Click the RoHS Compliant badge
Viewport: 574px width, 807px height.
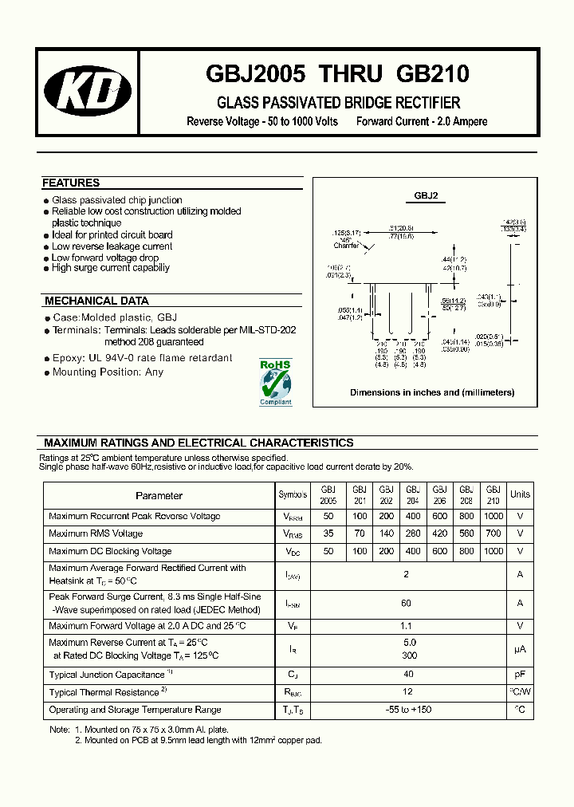(x=276, y=384)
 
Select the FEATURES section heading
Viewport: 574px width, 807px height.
(x=71, y=183)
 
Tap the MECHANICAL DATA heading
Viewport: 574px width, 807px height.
(x=96, y=301)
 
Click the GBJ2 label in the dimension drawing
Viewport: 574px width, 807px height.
(x=426, y=195)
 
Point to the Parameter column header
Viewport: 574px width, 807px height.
(x=159, y=495)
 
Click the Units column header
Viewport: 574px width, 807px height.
(x=520, y=494)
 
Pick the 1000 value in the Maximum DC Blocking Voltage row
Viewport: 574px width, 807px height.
(x=493, y=551)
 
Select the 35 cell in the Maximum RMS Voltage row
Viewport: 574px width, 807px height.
(x=328, y=533)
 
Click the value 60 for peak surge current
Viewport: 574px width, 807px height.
(x=407, y=604)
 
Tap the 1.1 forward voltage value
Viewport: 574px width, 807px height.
(x=407, y=626)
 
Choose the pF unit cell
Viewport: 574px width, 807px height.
(x=520, y=675)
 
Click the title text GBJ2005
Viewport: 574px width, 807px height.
(x=256, y=74)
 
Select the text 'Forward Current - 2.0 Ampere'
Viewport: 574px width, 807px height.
(x=422, y=122)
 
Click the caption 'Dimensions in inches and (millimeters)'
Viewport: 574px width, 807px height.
(x=432, y=392)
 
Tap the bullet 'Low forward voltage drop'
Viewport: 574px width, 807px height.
(x=105, y=258)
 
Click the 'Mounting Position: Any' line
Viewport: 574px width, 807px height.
(x=108, y=372)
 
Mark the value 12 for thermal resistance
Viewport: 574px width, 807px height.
(x=407, y=692)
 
